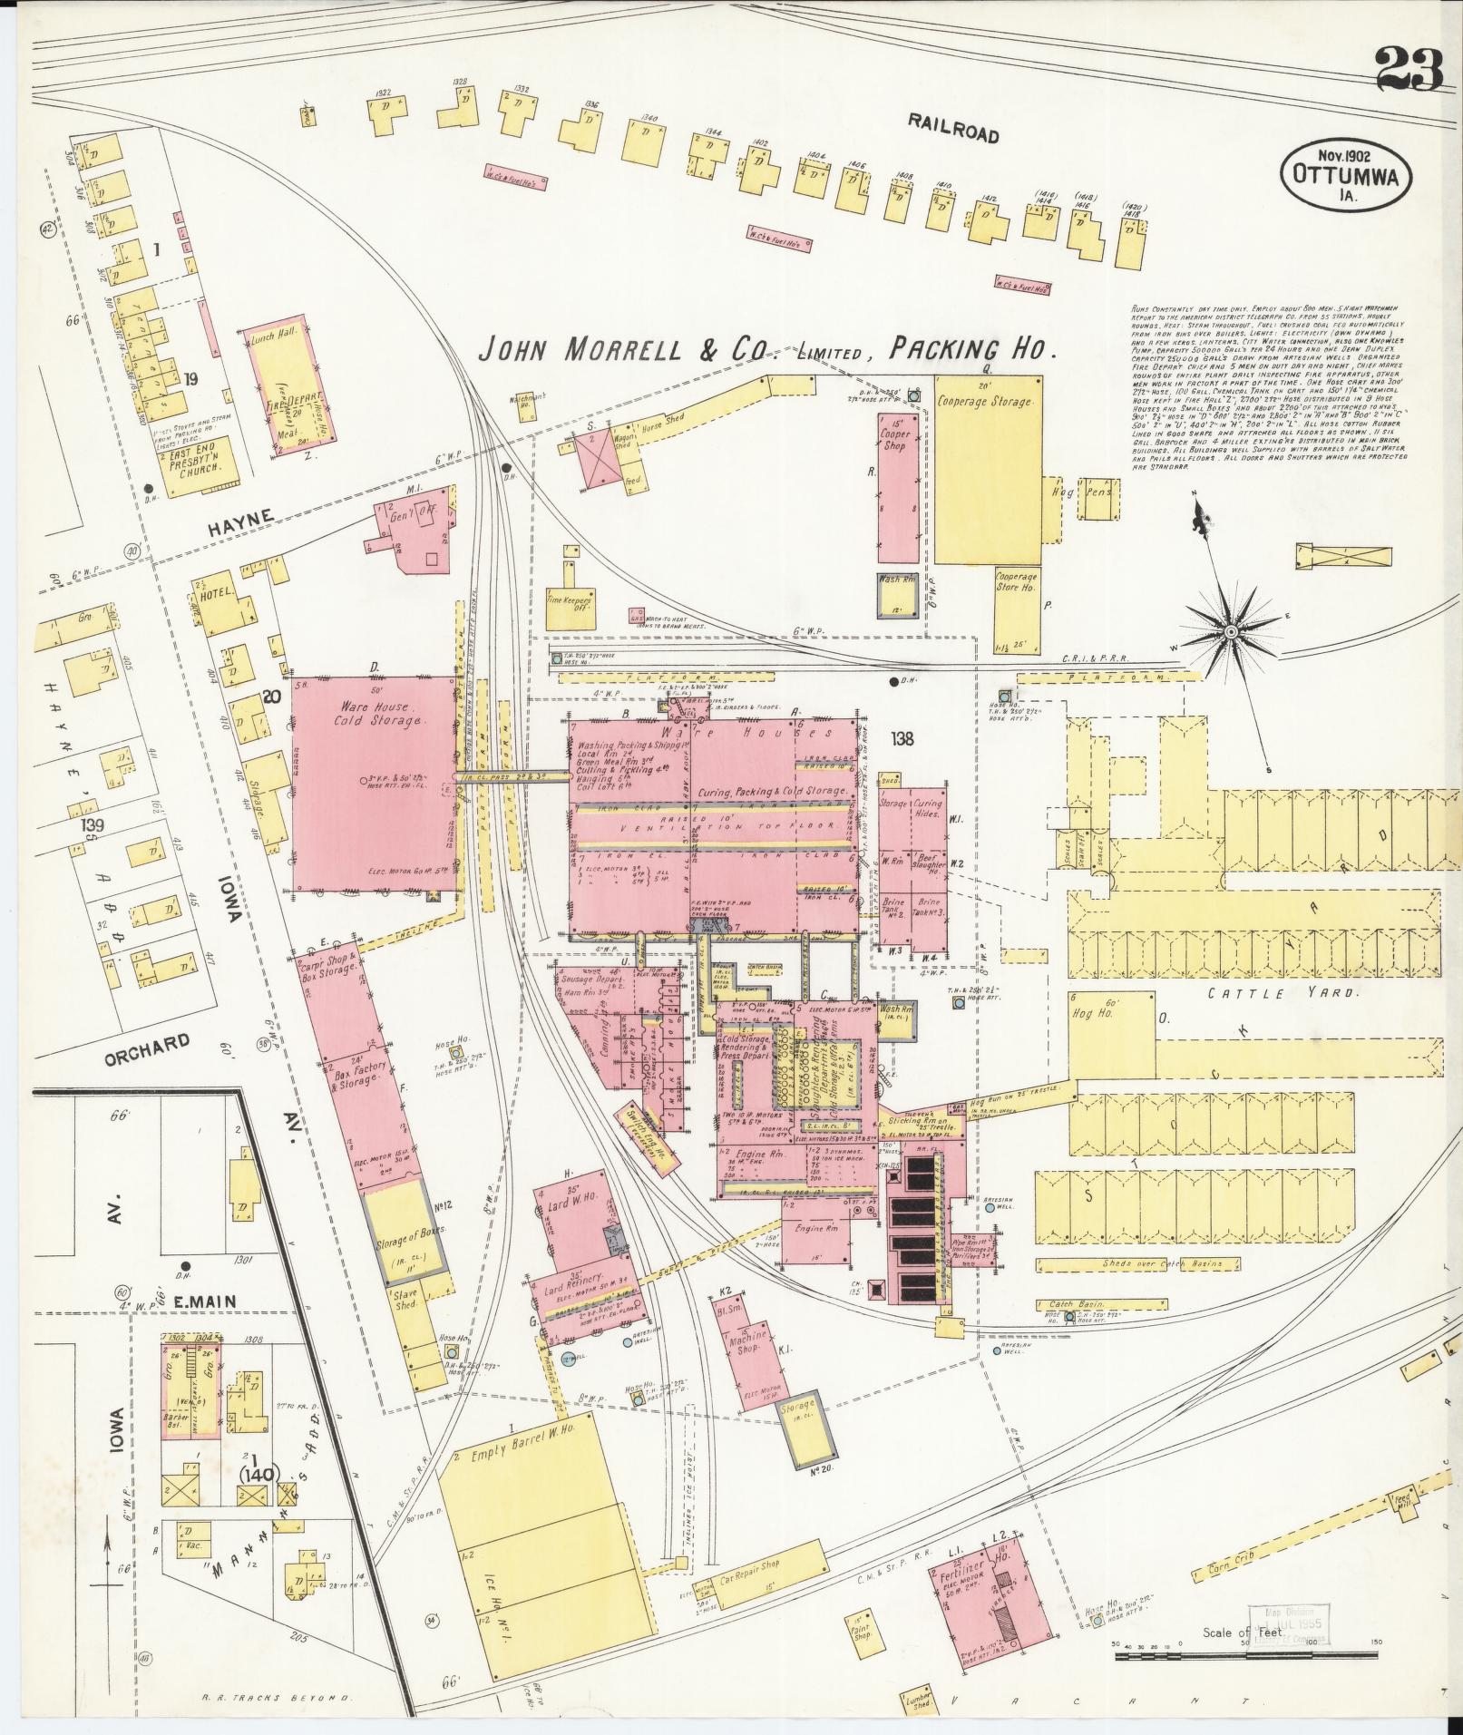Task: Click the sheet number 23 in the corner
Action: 1408,70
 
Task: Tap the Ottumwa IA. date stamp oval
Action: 1345,174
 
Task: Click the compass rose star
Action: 1231,631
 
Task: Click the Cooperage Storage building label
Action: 985,401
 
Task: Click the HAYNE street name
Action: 239,515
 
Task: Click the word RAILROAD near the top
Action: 952,132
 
